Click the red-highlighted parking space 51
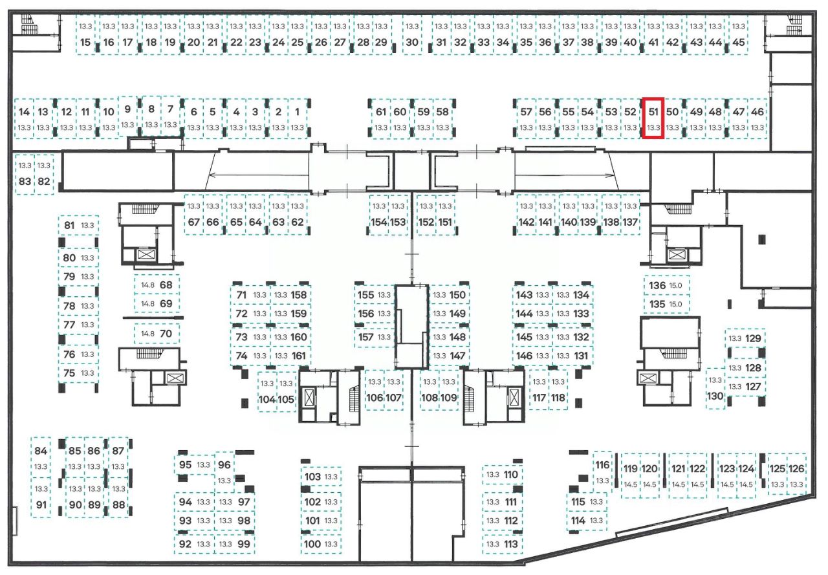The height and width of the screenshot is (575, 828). pyautogui.click(x=653, y=118)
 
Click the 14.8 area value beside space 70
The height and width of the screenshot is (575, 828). pyautogui.click(x=147, y=334)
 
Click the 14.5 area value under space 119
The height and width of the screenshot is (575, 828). pyautogui.click(x=630, y=484)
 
